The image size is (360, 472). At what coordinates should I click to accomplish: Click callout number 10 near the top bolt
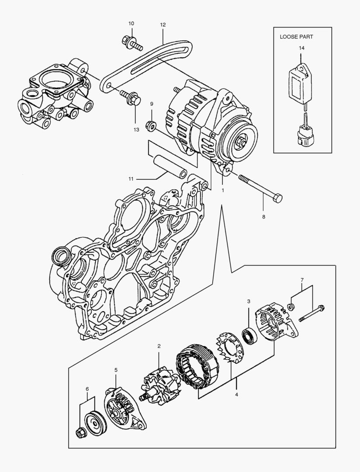132,23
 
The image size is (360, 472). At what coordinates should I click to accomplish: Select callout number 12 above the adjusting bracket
163,25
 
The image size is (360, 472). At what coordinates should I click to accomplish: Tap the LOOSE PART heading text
297,37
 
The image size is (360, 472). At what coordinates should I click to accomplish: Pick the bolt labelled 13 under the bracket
130,97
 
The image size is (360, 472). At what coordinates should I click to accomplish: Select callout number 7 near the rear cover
301,279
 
